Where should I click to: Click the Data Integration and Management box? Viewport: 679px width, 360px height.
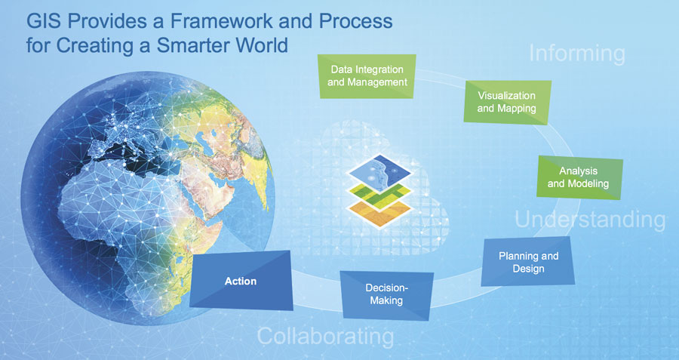point(367,76)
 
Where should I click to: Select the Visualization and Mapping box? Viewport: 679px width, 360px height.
point(507,102)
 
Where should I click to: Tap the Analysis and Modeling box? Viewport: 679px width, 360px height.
point(579,177)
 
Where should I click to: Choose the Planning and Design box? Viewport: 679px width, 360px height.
point(528,262)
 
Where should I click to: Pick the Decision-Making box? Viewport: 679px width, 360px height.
point(386,295)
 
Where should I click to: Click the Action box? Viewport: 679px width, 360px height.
point(241,281)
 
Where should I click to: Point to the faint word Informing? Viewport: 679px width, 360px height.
point(577,54)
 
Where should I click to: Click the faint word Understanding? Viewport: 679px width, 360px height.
point(590,219)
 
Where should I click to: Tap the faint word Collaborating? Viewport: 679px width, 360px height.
point(326,337)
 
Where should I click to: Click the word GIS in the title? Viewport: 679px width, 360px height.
point(45,21)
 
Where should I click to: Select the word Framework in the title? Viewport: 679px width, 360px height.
point(218,21)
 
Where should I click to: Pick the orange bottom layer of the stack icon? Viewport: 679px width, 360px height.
point(379,213)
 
